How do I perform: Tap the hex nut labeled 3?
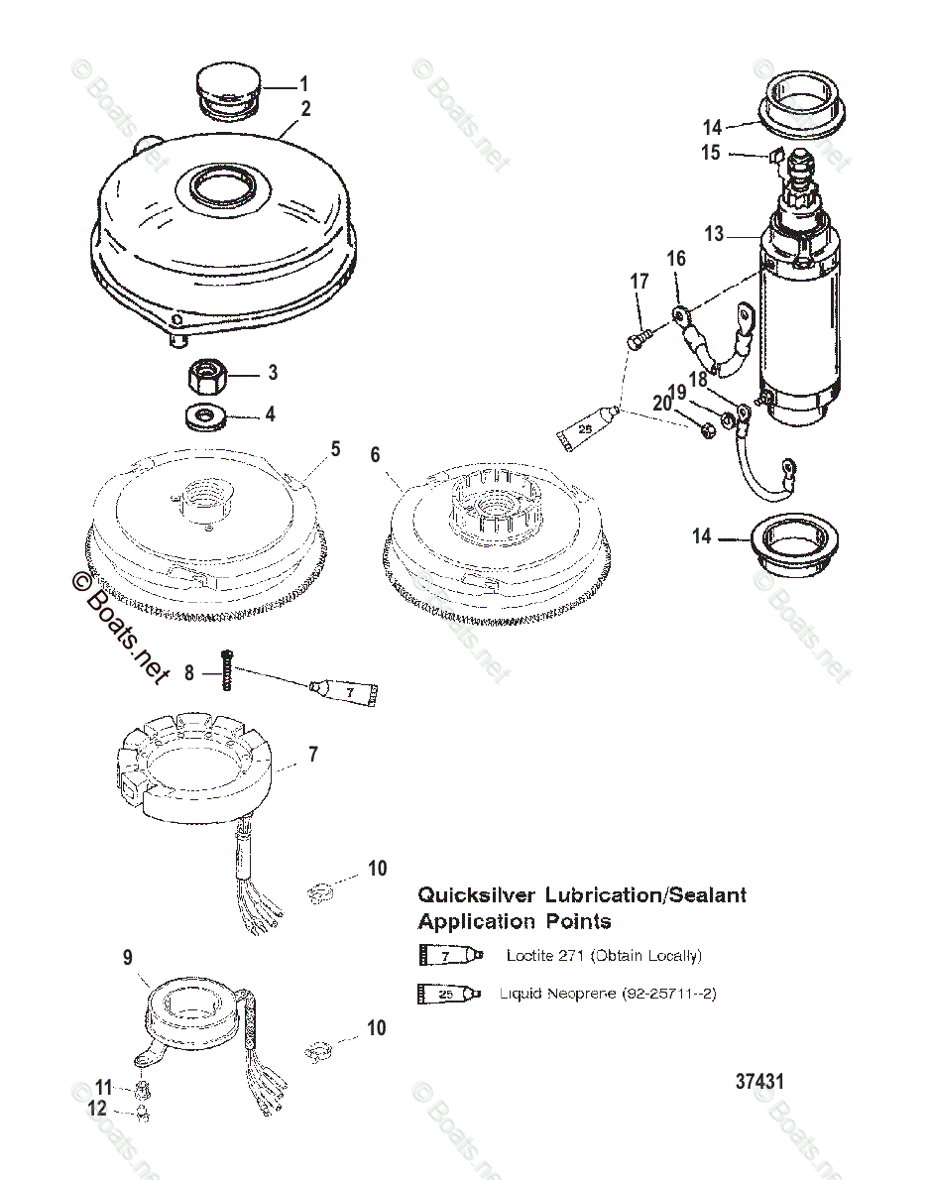207,376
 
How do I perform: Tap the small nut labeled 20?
706,432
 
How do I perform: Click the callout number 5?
335,449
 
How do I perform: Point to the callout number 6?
375,455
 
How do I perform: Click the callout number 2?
306,109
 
